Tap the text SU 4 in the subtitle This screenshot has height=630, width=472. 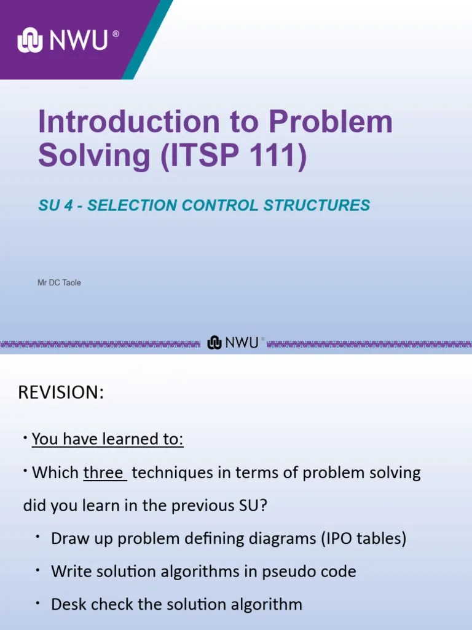(57, 205)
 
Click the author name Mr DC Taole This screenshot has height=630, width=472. (60, 283)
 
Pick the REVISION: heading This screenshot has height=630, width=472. (61, 393)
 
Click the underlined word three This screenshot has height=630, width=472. (104, 473)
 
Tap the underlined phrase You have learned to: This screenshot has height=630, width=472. (108, 440)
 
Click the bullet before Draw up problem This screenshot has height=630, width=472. (37, 537)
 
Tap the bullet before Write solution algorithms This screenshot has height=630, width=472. (37, 570)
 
